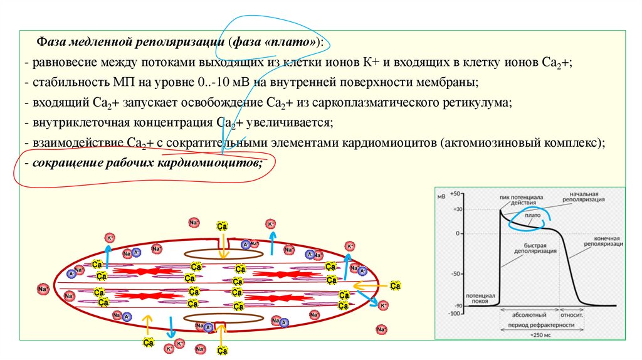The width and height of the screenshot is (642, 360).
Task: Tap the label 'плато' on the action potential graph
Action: pos(533,215)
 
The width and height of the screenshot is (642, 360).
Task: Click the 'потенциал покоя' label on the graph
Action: pos(481,297)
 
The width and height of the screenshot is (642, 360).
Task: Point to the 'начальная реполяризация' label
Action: pos(582,197)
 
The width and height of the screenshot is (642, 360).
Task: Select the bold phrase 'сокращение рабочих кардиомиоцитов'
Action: pos(145,162)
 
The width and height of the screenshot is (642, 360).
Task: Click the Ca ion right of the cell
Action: pos(395,285)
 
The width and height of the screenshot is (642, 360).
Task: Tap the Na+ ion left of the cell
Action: pos(43,289)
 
